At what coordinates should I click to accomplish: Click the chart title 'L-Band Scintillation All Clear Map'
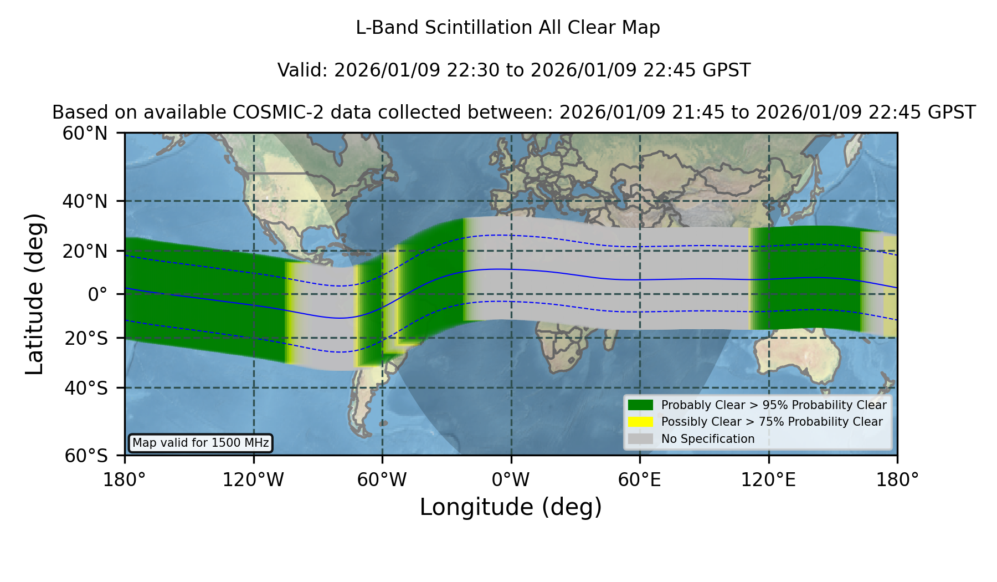[x=508, y=28]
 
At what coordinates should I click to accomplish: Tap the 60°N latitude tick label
[x=85, y=134]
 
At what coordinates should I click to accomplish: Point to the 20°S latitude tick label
[x=86, y=338]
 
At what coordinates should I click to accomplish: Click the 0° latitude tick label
[x=98, y=294]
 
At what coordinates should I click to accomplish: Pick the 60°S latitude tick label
[x=86, y=456]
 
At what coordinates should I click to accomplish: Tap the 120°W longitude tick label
[x=253, y=480]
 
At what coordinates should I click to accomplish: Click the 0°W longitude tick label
[x=511, y=480]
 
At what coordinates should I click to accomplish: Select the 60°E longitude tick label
[x=640, y=480]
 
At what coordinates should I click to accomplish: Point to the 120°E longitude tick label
[x=768, y=480]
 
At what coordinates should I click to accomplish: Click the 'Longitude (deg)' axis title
[x=511, y=507]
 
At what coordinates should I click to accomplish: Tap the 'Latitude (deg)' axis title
[x=35, y=294]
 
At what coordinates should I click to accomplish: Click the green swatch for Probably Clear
[x=640, y=405]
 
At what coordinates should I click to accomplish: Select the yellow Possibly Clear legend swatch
[x=640, y=422]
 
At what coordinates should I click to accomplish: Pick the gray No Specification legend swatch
[x=640, y=439]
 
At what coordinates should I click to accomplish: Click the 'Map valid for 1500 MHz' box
[x=201, y=443]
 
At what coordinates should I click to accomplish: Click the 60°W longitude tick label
[x=382, y=480]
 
